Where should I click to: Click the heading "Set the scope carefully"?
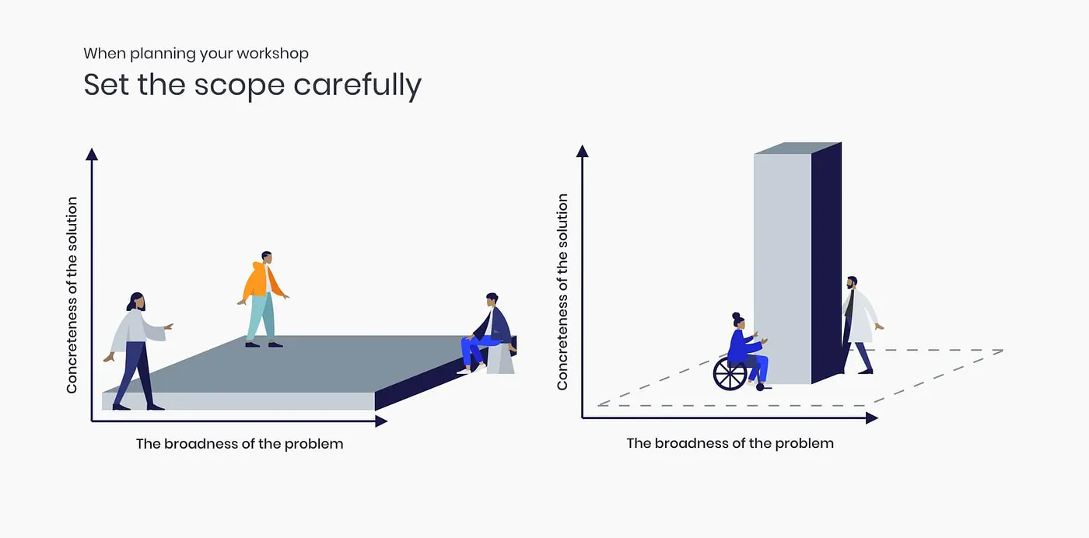coord(252,86)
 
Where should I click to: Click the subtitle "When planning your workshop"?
coord(196,54)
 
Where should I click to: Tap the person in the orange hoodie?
coord(263,299)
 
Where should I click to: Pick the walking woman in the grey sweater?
coord(137,350)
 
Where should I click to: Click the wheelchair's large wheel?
coord(730,373)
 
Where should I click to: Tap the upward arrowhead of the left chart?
coord(92,154)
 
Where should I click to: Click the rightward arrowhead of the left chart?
coord(381,421)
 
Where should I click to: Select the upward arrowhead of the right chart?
coord(583,151)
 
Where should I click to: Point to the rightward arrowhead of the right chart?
coord(872,418)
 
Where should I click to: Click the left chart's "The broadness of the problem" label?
coord(240,444)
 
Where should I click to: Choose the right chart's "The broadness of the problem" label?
coord(730,443)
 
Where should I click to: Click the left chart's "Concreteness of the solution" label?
coord(72,295)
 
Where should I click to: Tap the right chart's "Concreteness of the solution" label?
coord(562,292)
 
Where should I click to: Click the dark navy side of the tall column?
coord(826,263)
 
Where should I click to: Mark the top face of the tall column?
coord(798,148)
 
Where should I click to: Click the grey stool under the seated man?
coord(501,360)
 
